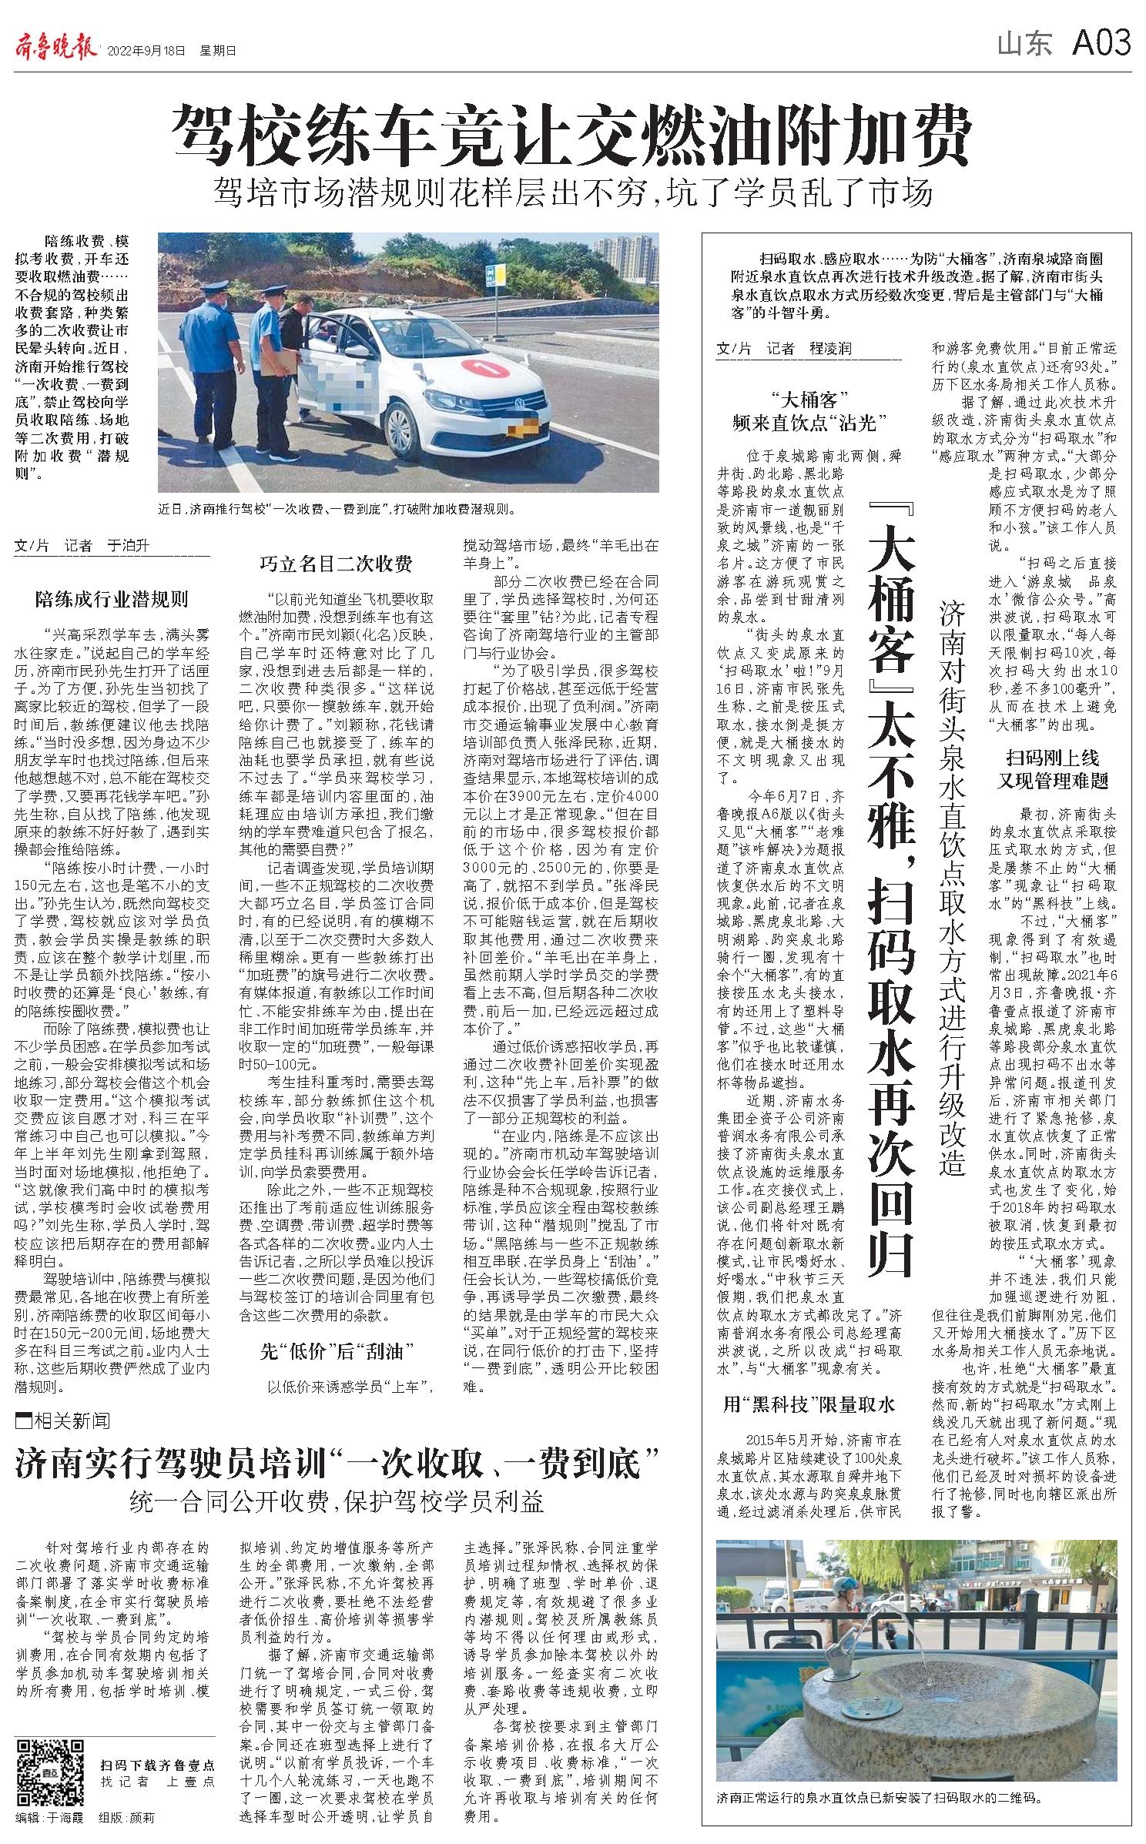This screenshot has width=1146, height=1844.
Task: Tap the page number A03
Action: [x=1101, y=44]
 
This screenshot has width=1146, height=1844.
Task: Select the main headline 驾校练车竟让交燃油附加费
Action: [x=571, y=137]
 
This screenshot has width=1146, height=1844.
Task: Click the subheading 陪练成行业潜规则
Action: [x=112, y=599]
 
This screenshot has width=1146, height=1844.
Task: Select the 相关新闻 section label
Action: [x=64, y=1420]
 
